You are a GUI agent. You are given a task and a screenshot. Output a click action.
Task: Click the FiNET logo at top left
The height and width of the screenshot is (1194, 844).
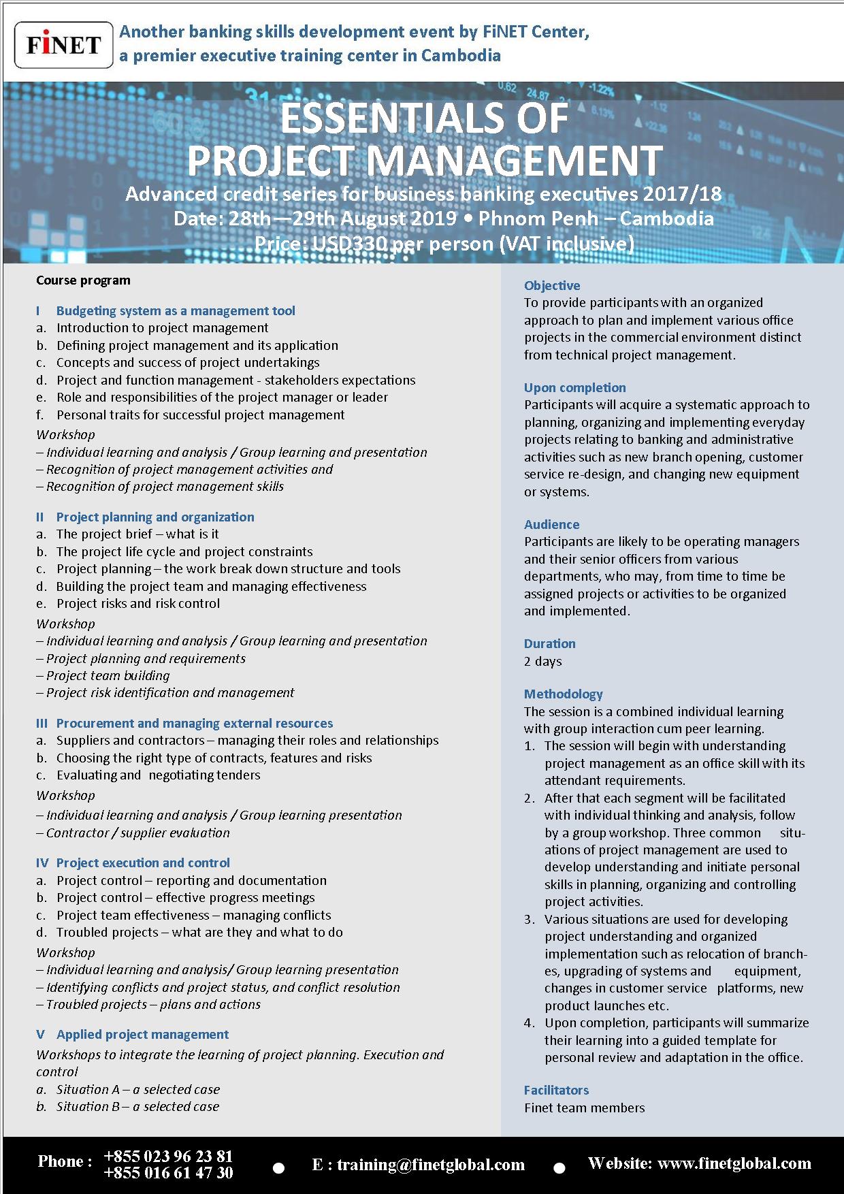(63, 45)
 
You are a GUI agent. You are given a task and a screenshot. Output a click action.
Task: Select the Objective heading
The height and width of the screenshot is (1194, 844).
(552, 285)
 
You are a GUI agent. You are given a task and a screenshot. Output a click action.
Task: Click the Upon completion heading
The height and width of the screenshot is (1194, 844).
(574, 387)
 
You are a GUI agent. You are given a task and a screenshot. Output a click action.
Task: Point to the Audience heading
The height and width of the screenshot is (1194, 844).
(551, 524)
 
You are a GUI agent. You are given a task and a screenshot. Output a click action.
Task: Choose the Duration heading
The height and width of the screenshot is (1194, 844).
(549, 643)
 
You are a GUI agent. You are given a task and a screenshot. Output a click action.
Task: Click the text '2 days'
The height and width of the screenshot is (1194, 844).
(542, 661)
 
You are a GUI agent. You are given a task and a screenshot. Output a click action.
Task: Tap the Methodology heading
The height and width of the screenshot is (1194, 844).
(563, 694)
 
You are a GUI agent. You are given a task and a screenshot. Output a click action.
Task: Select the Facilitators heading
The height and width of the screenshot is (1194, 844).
(556, 1090)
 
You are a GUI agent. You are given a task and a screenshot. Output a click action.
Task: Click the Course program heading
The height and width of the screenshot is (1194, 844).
(83, 280)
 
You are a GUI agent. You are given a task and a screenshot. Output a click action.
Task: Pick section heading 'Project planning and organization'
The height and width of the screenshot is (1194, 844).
(155, 517)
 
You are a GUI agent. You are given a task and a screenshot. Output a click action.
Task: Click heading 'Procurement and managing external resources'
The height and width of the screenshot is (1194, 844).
(195, 723)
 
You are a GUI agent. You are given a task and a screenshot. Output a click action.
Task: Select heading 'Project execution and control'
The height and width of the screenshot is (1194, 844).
(143, 862)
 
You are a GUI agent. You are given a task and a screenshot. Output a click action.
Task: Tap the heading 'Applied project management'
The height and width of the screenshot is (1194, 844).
(142, 1034)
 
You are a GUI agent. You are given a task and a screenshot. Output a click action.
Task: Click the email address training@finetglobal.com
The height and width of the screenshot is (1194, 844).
(430, 1165)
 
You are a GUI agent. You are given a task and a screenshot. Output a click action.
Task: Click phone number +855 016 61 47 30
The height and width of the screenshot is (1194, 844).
(168, 1172)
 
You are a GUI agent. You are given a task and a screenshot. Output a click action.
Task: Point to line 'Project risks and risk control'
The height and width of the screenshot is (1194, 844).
(138, 603)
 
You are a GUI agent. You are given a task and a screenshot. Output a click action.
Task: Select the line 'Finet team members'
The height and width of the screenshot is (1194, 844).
(584, 1108)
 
